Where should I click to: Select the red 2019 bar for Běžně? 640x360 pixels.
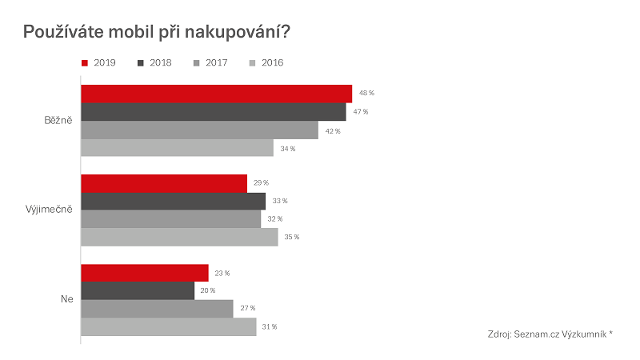click(x=216, y=94)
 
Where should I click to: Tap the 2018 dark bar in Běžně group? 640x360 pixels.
click(x=213, y=112)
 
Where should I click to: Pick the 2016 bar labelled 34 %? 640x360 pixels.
click(x=177, y=148)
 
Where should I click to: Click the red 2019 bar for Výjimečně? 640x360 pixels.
click(x=164, y=184)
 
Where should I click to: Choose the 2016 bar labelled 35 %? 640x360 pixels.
click(x=179, y=237)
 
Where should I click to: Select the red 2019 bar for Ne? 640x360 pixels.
click(x=144, y=273)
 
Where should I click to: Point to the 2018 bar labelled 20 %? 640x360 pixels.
click(x=138, y=290)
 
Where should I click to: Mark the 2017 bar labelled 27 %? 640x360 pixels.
click(x=157, y=309)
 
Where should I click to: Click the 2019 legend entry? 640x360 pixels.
click(x=99, y=62)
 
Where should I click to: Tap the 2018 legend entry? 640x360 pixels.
click(x=155, y=62)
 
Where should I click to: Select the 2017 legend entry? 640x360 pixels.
click(x=211, y=62)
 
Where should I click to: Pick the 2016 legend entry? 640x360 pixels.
click(x=267, y=62)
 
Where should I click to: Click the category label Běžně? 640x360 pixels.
click(x=58, y=121)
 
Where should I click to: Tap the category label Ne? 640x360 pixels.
click(x=66, y=300)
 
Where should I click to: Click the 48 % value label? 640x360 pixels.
click(x=367, y=94)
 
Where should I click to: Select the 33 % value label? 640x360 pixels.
click(x=279, y=202)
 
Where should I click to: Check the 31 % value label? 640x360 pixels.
click(x=270, y=326)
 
